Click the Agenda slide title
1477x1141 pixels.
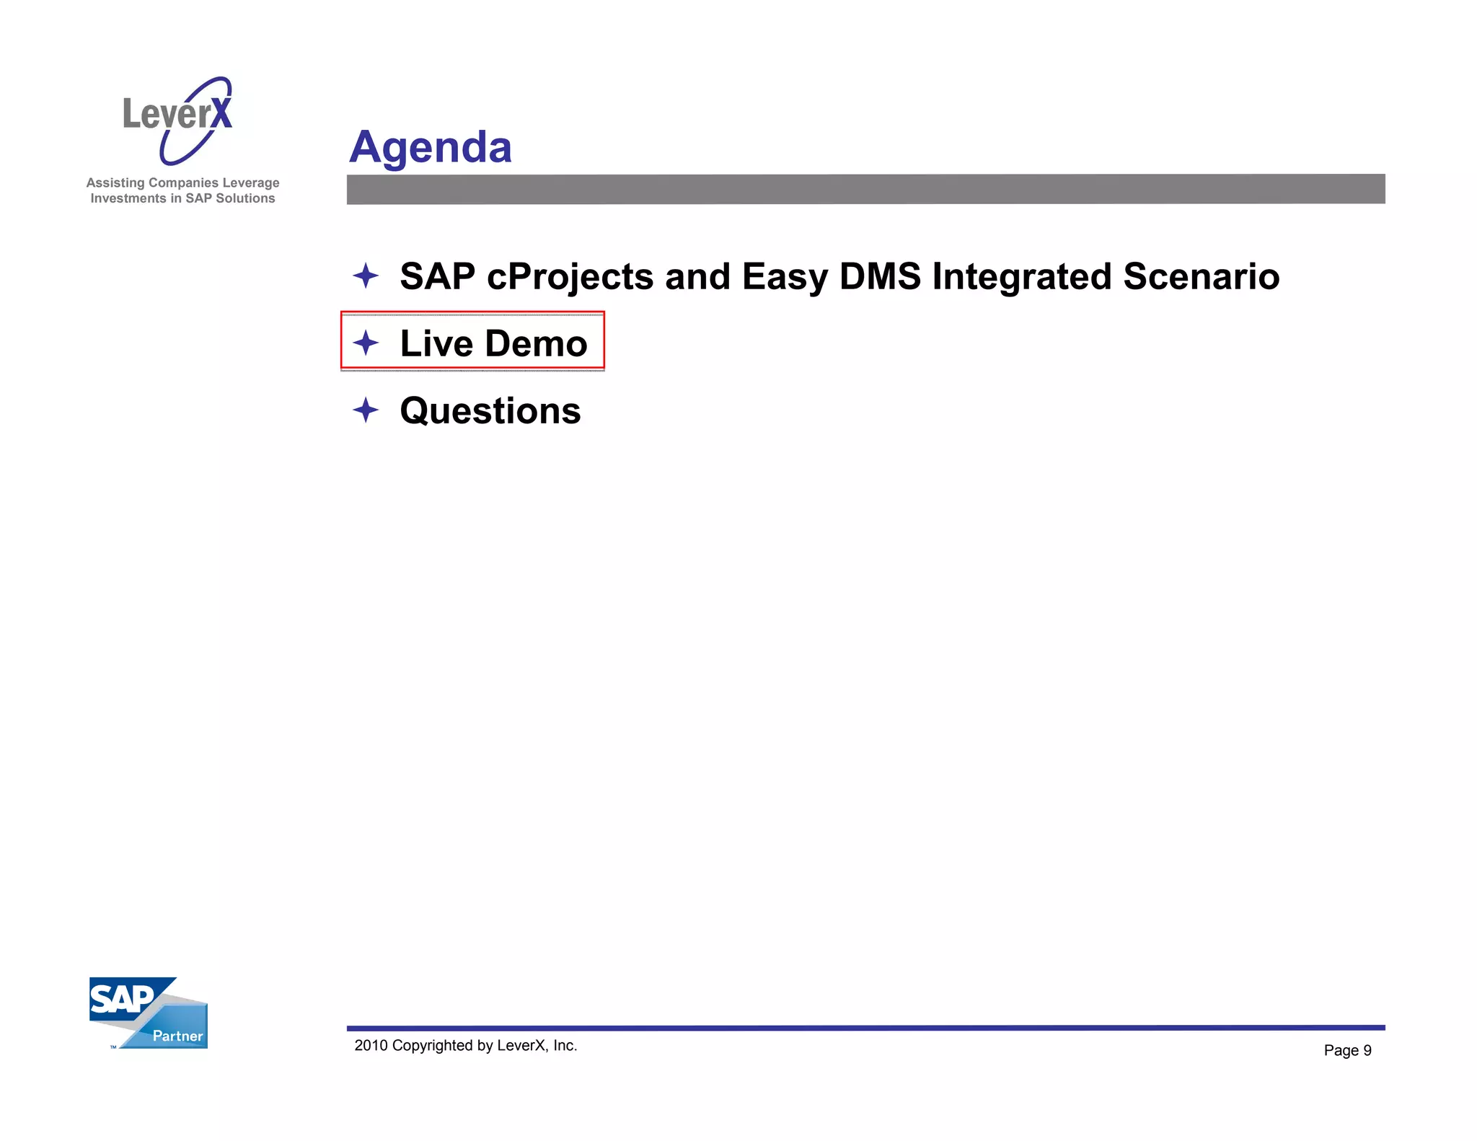[431, 147]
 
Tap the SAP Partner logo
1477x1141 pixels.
[148, 1013]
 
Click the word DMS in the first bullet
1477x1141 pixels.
[880, 277]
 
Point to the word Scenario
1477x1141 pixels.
[1201, 277]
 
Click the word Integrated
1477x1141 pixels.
[1021, 278]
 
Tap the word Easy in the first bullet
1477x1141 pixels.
[785, 278]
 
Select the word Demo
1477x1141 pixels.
[536, 343]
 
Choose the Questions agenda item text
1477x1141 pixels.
[490, 411]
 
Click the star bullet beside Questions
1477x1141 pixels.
[366, 410]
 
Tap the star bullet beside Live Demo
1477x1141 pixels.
[366, 343]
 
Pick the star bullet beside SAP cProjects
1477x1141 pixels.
[366, 276]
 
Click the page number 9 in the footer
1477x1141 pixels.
[1367, 1051]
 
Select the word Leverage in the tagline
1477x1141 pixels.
[250, 183]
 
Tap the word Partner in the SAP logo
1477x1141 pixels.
[177, 1036]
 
